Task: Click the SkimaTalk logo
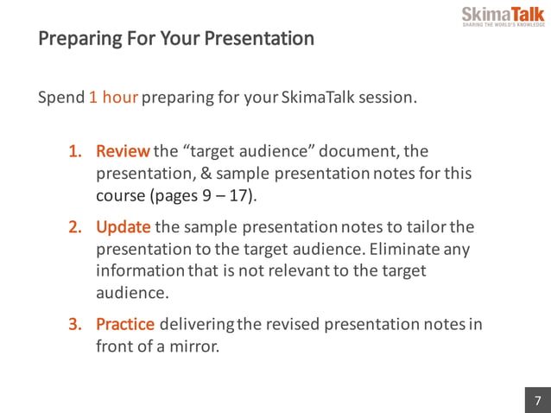click(x=502, y=16)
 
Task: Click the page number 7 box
click(x=537, y=400)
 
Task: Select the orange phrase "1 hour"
click(x=113, y=97)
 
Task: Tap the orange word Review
click(x=123, y=152)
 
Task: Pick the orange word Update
click(x=123, y=227)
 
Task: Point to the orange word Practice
click(x=125, y=324)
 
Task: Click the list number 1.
click(x=76, y=152)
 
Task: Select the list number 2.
click(x=76, y=227)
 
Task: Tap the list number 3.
click(x=76, y=324)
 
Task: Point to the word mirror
click(x=195, y=346)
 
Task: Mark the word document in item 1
click(x=356, y=152)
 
